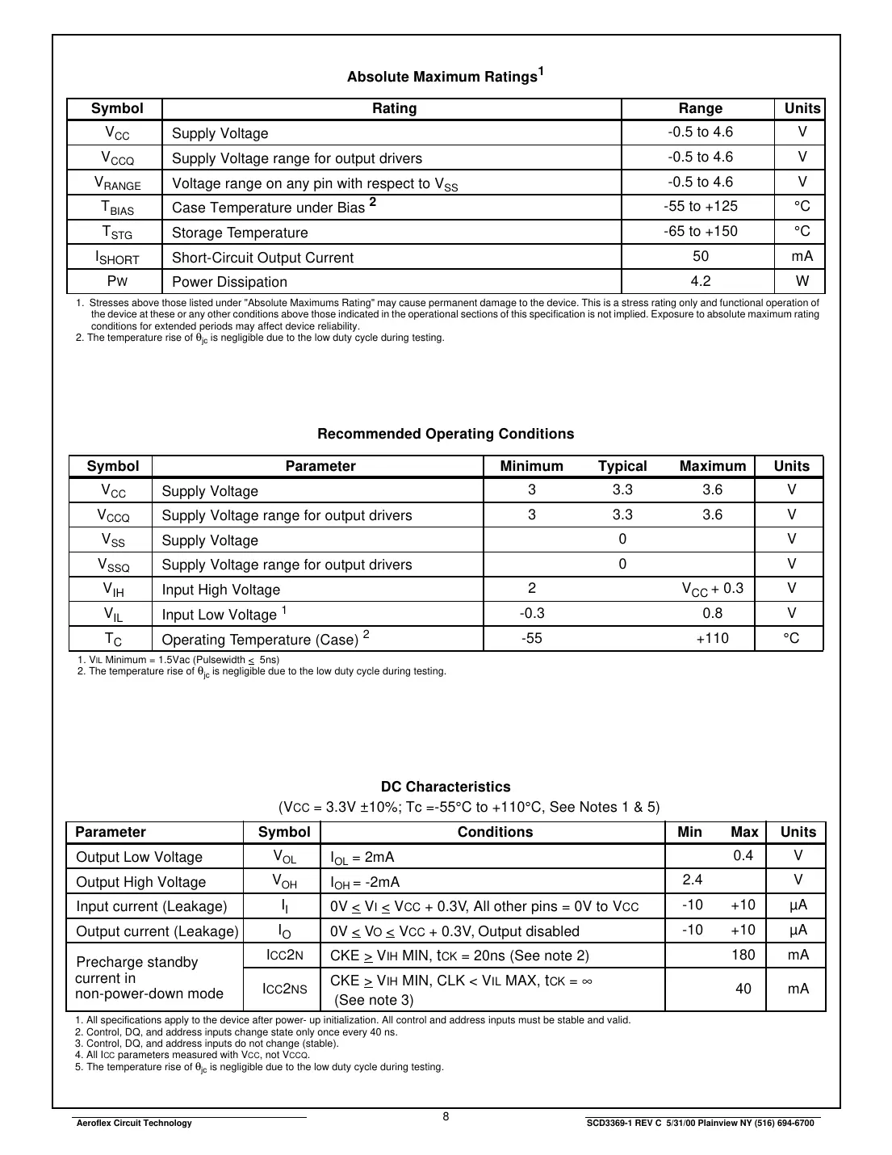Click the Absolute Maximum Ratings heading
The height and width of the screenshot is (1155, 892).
click(x=445, y=76)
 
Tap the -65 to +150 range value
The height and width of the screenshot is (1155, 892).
click(x=700, y=232)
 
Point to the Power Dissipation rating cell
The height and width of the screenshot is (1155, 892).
click(x=229, y=282)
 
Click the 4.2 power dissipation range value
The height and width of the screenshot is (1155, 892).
click(x=700, y=281)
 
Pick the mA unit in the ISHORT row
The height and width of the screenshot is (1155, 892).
click(x=802, y=257)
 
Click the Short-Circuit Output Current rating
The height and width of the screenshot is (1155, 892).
click(x=262, y=258)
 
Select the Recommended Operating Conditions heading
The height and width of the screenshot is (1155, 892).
click(x=446, y=434)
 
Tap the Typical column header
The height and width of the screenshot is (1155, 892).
click(x=622, y=466)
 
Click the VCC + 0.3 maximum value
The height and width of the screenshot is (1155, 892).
click(x=712, y=589)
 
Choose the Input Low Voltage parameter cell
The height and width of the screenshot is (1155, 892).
click(x=224, y=614)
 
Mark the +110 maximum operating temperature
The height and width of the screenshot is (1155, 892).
click(x=712, y=639)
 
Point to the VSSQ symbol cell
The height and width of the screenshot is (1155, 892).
click(x=113, y=565)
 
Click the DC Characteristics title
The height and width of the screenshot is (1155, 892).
click(x=446, y=787)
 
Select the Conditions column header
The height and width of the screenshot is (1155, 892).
click(x=495, y=832)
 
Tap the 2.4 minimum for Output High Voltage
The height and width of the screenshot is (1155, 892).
click(x=692, y=880)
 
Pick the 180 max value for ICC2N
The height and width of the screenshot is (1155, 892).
click(x=743, y=955)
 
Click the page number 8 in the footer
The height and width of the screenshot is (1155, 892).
click(x=446, y=1117)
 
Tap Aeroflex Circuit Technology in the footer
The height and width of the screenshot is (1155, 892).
click(x=133, y=1123)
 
